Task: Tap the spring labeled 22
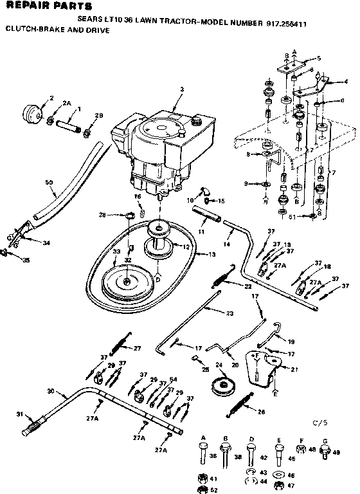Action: pyautogui.click(x=217, y=278)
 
